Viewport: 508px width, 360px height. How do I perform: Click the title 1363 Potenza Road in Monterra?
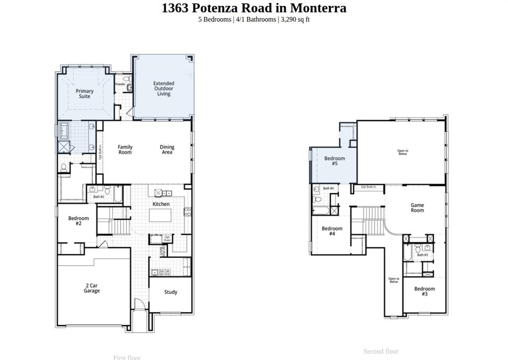[254, 8]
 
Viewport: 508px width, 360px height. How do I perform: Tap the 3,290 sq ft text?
[295, 19]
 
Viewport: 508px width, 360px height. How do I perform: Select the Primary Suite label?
[84, 94]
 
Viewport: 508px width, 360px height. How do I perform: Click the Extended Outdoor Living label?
[164, 89]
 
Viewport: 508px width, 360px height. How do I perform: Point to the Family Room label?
[125, 149]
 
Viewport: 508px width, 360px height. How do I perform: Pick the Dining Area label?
[167, 149]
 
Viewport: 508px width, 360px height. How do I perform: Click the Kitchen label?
[161, 204]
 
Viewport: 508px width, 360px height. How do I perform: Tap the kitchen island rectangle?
[161, 216]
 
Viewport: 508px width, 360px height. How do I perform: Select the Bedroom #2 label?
[78, 221]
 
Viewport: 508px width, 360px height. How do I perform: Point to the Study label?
[171, 292]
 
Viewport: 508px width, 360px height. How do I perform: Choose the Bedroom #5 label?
[334, 161]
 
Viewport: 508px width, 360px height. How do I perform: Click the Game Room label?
[417, 208]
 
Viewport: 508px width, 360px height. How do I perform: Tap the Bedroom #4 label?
[332, 231]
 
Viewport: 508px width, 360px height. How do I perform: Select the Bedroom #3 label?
[425, 291]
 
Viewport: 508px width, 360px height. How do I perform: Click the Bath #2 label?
[99, 197]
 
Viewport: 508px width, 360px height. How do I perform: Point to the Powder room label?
[120, 84]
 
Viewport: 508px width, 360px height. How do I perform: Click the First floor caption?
[127, 357]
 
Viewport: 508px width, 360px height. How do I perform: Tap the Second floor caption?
[381, 351]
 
